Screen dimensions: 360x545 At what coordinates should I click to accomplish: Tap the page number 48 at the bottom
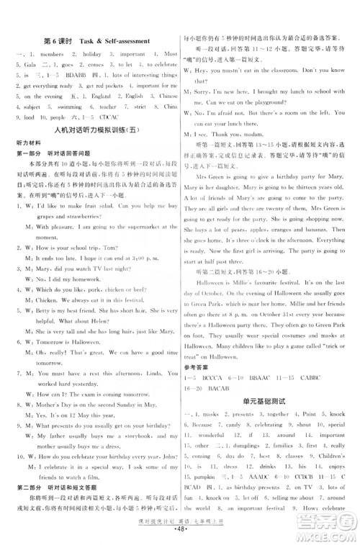180,539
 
